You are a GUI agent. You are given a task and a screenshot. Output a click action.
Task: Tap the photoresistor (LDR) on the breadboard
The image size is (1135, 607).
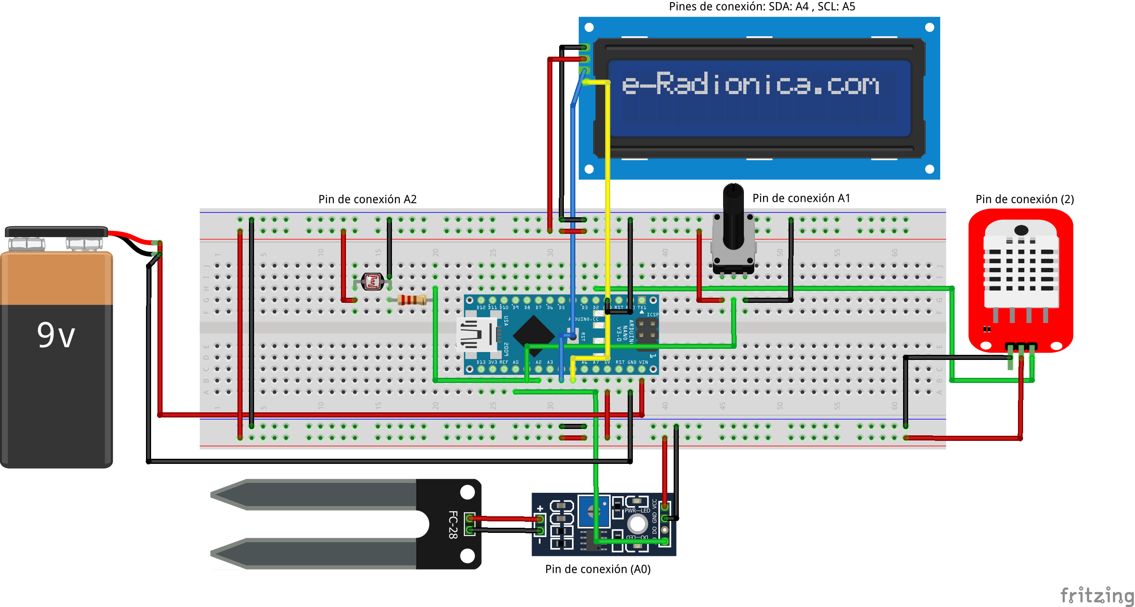(x=372, y=282)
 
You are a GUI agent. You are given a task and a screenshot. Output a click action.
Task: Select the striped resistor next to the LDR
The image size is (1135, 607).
(x=412, y=300)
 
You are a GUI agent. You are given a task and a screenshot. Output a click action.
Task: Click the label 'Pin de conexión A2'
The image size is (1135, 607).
(x=367, y=199)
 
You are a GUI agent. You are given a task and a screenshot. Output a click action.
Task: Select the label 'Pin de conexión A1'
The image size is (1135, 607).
(x=801, y=198)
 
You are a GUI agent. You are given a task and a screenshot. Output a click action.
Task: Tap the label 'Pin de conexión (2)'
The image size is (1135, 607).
(x=1024, y=199)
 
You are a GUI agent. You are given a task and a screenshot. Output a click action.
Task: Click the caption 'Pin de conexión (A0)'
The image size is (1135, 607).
(x=598, y=569)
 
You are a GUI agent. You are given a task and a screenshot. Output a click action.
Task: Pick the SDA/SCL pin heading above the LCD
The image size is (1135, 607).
(x=761, y=7)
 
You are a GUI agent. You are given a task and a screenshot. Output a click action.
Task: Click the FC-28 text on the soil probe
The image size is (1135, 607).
(x=453, y=524)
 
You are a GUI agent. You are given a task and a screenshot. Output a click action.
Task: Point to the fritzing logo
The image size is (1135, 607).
(x=1096, y=595)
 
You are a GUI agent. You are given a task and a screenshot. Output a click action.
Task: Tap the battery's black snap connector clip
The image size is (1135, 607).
(x=56, y=232)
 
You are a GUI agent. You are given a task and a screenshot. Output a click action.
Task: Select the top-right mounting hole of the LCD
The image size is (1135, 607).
(x=930, y=27)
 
